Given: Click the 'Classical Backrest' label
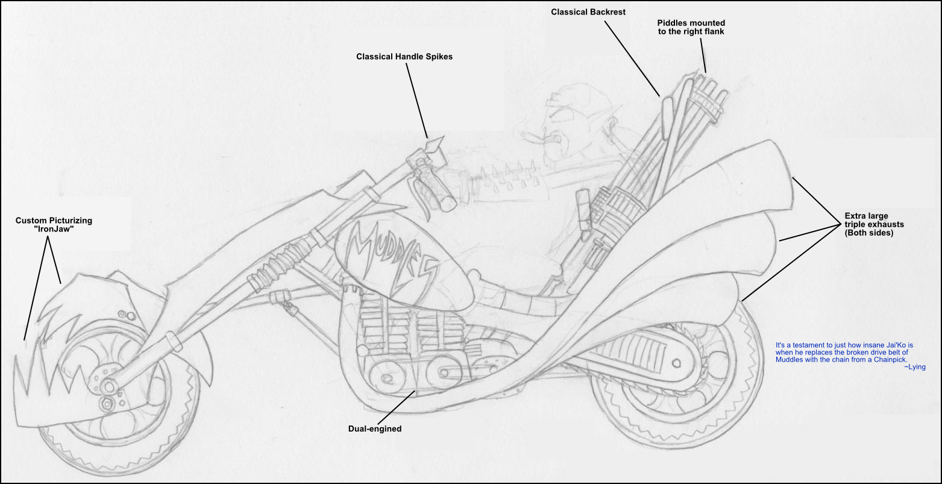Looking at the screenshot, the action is tap(588, 12).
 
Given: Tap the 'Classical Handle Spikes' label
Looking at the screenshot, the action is tap(404, 56).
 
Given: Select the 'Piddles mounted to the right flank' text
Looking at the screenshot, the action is tap(691, 27).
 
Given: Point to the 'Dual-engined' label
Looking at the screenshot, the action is tap(375, 429).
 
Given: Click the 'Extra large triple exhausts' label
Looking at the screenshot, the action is tap(874, 225).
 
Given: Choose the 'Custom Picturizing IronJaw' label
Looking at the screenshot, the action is tap(54, 225).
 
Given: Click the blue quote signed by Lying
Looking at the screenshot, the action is tap(850, 356).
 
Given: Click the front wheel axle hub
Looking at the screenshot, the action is tap(109, 386).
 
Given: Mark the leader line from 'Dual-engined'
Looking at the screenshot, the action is tap(396, 407).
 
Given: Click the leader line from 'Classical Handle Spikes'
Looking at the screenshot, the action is tap(416, 101).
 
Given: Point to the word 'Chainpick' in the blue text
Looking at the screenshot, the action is tap(890, 360).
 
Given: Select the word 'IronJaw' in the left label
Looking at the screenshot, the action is tap(54, 230).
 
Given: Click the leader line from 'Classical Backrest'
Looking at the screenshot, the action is tap(632, 58).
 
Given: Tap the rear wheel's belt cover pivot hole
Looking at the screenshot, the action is tap(676, 363).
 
